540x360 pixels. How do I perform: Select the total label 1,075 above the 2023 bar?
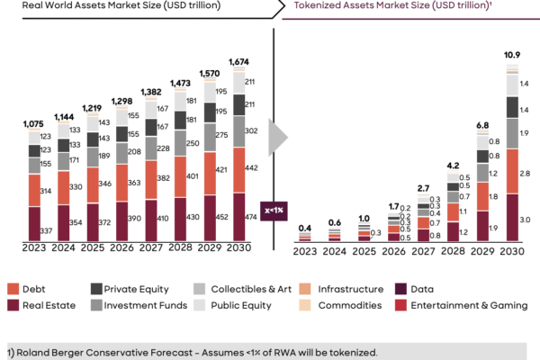tap(33, 123)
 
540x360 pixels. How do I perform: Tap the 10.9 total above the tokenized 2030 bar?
tap(511, 56)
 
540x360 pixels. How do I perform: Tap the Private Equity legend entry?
tap(131, 288)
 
